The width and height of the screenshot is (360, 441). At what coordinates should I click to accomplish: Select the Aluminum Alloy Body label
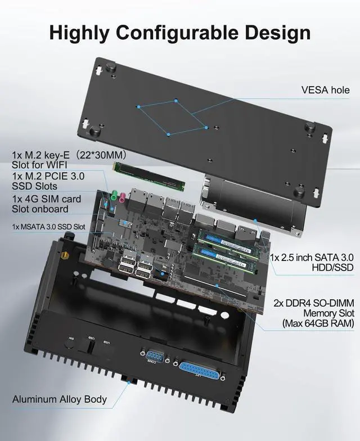pos(60,399)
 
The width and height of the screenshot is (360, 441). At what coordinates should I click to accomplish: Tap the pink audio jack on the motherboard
pos(120,196)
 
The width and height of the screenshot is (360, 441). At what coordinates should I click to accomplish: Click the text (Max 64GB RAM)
pos(318,323)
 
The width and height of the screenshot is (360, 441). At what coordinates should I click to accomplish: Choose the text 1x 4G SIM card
pos(47,199)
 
